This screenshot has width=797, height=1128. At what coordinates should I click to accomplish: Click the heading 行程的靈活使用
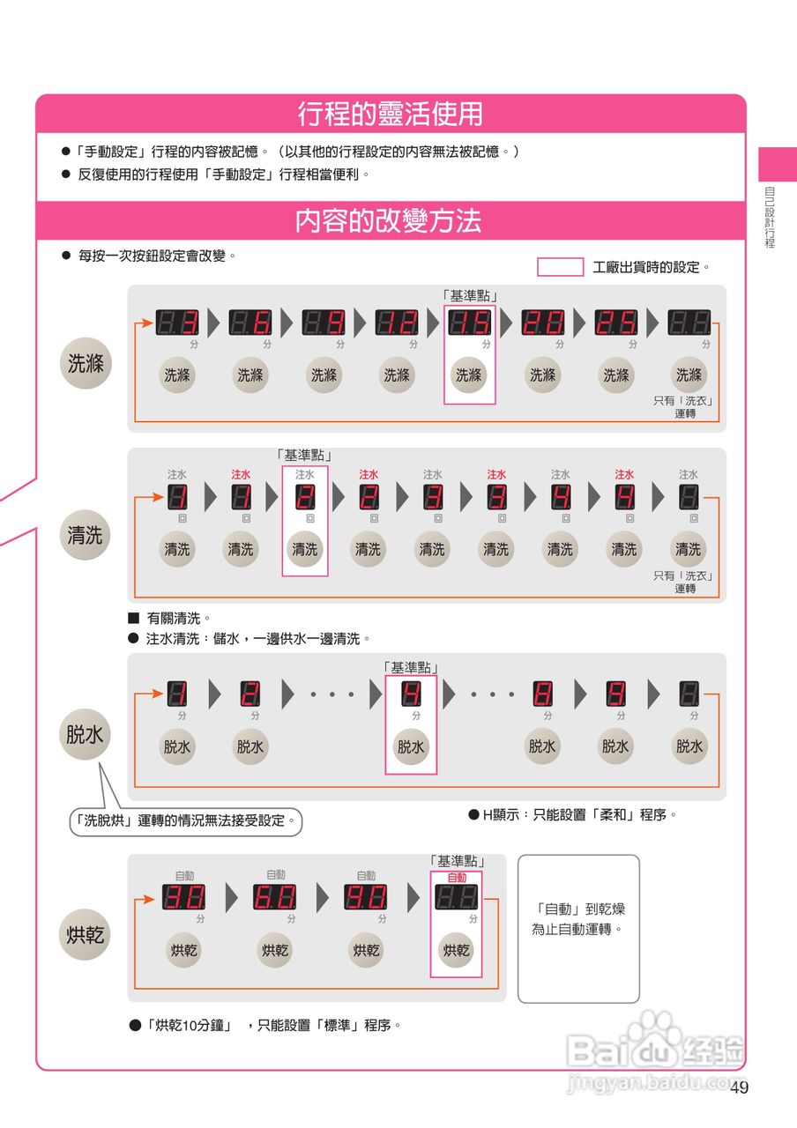390,115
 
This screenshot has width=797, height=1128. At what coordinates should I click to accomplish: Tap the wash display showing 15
469,323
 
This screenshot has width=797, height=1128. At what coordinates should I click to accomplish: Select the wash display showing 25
615,323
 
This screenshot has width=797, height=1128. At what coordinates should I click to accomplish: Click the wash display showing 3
177,323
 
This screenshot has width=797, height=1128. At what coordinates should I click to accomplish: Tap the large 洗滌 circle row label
86,363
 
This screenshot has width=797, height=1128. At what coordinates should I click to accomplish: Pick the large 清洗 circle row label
86,535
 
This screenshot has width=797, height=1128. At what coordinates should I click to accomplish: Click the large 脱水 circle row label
86,734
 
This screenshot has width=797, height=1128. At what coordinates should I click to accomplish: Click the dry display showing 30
183,898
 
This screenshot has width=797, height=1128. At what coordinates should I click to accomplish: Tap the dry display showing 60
274,898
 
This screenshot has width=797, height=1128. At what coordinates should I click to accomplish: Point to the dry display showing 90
365,898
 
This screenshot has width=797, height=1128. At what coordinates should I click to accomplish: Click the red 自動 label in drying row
457,878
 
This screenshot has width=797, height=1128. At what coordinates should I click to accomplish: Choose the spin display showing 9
615,694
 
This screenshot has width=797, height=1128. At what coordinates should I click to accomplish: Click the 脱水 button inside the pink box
411,747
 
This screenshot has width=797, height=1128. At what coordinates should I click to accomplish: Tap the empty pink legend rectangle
560,267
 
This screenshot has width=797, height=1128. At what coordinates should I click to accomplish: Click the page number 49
739,1087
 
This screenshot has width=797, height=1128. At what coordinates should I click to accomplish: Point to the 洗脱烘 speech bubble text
185,821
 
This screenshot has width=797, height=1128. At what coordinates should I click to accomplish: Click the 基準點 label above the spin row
411,668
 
